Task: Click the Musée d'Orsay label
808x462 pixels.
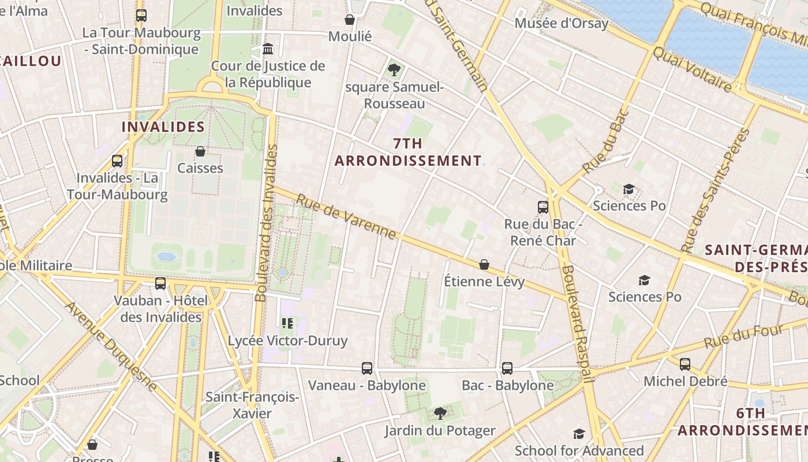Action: point(561,23)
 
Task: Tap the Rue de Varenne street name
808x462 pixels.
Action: point(346,217)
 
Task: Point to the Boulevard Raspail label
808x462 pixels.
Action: point(577,323)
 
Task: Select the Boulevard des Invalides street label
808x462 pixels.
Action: point(266,223)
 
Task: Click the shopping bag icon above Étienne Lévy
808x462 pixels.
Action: point(484,264)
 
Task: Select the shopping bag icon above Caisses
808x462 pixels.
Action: point(200,151)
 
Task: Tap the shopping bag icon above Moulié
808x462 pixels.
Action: point(349,20)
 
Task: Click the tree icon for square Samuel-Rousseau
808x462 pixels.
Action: point(394,70)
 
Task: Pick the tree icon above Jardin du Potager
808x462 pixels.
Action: point(440,413)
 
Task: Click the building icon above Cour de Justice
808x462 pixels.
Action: point(268,49)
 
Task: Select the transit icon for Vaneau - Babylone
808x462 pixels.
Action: point(367,368)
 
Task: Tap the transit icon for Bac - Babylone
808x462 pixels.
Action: point(507,368)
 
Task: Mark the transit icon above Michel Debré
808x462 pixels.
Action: point(685,364)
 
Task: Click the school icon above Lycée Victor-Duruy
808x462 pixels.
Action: point(287,323)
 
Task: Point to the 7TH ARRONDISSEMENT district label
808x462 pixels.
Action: point(408,152)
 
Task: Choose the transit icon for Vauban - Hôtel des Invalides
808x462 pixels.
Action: point(160,283)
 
